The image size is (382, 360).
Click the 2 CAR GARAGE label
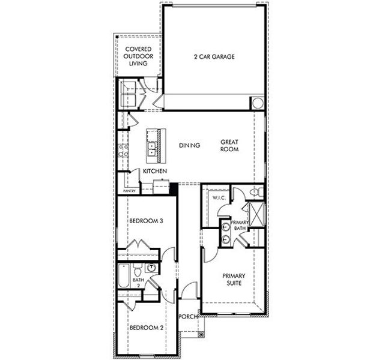[214, 57]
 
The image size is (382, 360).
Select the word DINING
[190, 145]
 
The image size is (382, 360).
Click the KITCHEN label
[154, 172]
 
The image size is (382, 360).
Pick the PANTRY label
[129, 191]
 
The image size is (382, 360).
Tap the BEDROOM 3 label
[147, 221]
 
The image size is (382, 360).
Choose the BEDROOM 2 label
[147, 328]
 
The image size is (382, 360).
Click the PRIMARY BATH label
[240, 225]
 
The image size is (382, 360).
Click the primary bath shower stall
[256, 213]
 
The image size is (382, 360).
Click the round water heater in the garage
[258, 103]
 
